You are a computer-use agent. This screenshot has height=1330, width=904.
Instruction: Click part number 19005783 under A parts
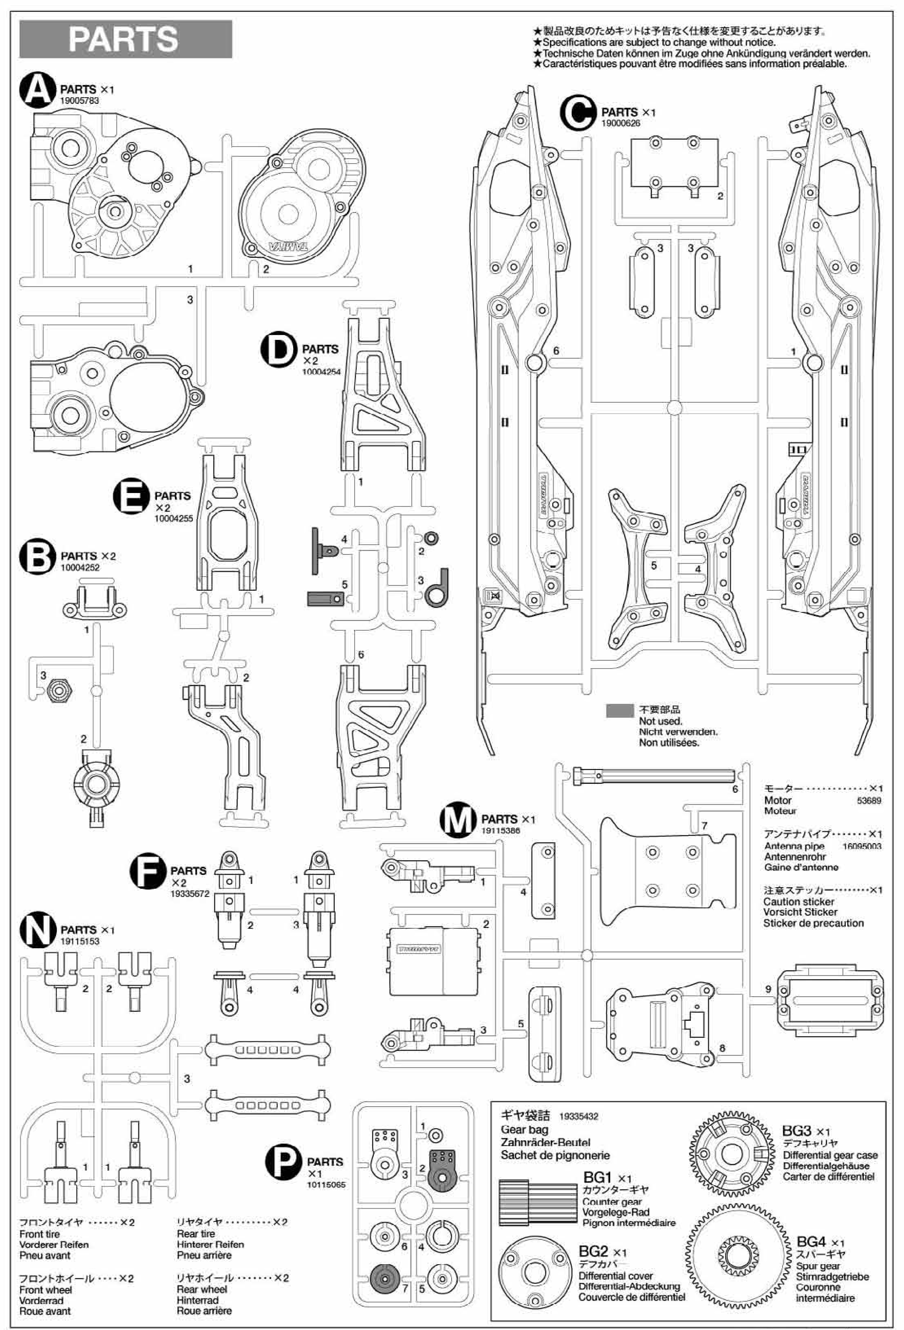80,101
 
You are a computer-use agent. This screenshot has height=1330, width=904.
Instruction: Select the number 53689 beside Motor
869,801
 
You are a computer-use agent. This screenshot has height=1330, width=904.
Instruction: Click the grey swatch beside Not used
620,710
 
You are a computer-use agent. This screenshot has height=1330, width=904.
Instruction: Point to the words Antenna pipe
794,846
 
